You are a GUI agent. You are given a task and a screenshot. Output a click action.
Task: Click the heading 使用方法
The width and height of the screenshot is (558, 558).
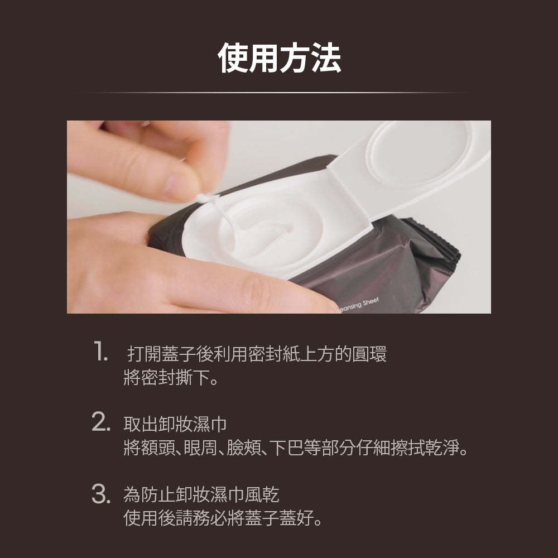(279, 57)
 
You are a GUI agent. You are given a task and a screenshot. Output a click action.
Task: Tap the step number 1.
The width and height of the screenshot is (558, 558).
(100, 353)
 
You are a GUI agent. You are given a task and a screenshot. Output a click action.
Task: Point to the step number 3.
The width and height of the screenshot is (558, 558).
(100, 494)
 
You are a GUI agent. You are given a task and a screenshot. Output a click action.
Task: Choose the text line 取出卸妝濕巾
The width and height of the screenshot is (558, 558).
(175, 424)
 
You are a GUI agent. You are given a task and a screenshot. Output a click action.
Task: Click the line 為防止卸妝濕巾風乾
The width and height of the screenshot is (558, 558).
(201, 495)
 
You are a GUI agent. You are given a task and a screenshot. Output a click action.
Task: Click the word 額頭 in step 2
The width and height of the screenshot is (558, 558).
(157, 449)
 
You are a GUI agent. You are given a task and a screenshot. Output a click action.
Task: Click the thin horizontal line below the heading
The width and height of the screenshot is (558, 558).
(279, 92)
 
